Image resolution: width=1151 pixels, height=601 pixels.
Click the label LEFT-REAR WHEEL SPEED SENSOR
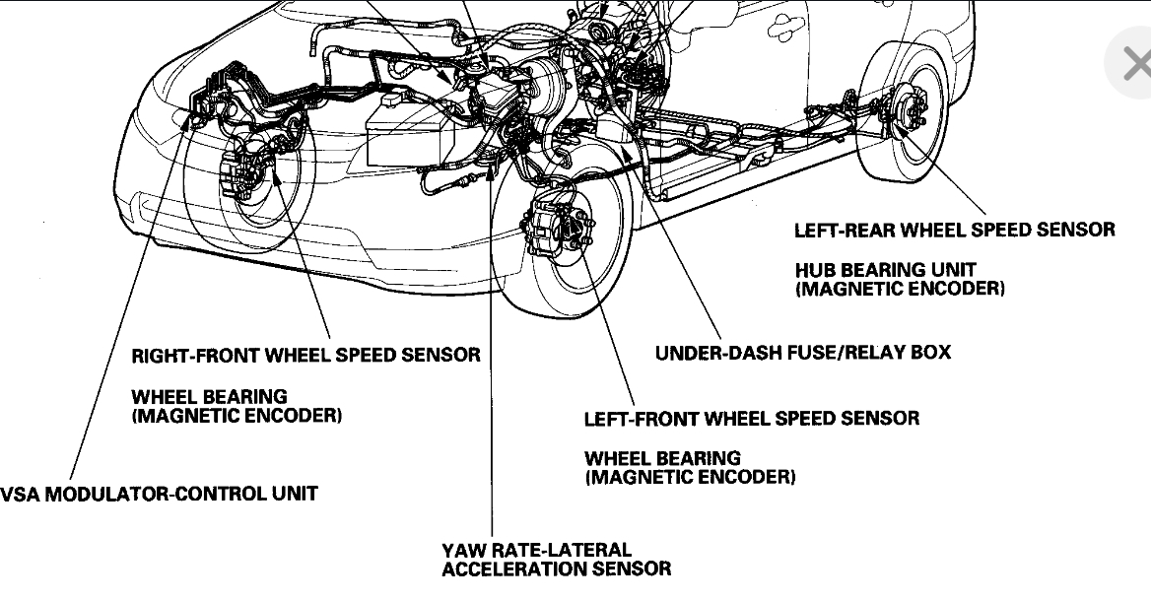click(x=954, y=230)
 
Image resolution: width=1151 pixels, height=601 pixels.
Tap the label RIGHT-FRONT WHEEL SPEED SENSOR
click(x=305, y=354)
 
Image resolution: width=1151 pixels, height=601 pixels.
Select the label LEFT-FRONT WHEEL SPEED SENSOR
click(x=751, y=418)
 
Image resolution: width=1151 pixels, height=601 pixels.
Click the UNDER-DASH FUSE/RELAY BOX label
click(x=802, y=352)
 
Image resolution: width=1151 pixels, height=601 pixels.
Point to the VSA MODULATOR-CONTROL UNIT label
click(x=159, y=493)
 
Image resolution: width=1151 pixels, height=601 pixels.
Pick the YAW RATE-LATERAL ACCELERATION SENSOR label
click(x=556, y=559)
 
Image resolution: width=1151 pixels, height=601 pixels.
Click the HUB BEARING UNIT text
click(x=885, y=269)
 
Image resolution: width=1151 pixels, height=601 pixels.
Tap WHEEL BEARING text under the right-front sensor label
click(x=209, y=396)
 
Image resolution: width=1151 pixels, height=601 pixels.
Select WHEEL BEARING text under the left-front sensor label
click(x=662, y=458)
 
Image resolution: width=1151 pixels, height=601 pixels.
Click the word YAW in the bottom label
click(x=463, y=549)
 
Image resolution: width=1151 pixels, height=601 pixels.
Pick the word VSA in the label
click(x=20, y=493)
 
